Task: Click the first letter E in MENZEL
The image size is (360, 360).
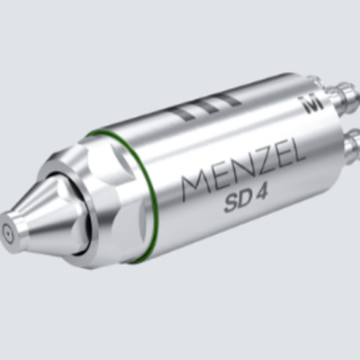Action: point(213,181)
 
